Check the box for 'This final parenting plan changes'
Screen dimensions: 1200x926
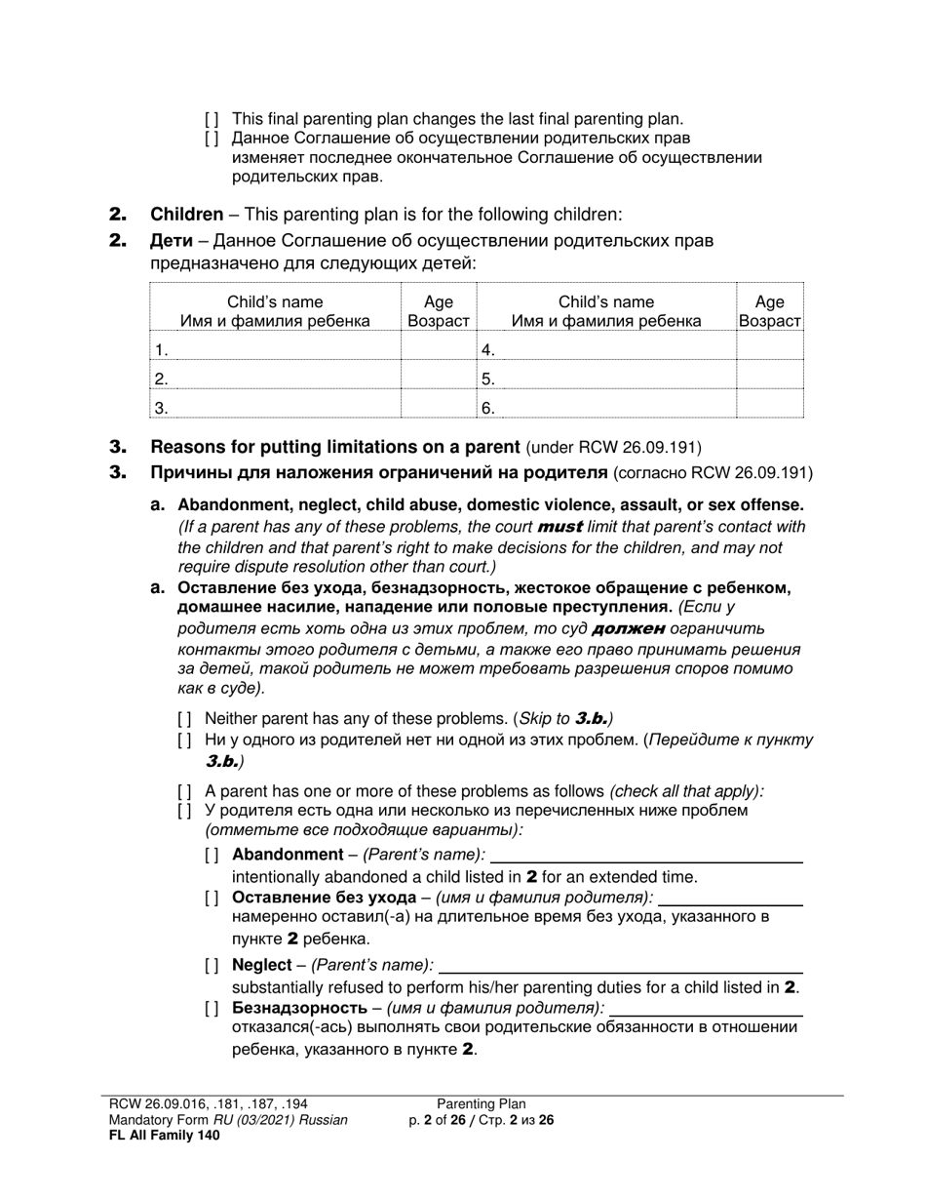click(x=212, y=119)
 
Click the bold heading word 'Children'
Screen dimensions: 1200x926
click(x=186, y=215)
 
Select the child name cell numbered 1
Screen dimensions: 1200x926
click(x=275, y=349)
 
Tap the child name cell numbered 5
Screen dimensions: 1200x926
click(x=607, y=379)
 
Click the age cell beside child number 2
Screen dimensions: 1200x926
click(x=439, y=379)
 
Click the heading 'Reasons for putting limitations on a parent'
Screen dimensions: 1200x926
click(x=334, y=448)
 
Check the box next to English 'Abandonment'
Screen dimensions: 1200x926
click(x=212, y=856)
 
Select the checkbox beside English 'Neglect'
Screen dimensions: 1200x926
click(x=212, y=965)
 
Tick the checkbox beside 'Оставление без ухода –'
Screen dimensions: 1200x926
click(x=212, y=898)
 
